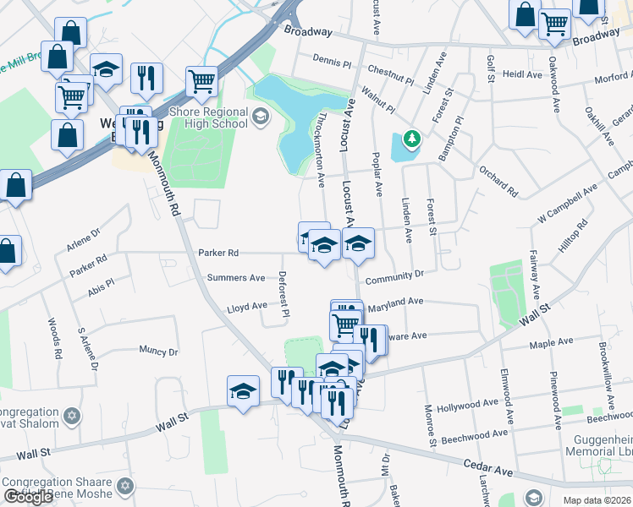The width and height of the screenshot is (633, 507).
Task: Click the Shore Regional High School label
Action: pos(208,117)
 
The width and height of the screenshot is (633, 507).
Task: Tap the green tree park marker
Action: pos(412,138)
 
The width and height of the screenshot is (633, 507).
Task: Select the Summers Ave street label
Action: pos(236,278)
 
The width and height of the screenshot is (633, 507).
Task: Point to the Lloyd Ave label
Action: pos(247,307)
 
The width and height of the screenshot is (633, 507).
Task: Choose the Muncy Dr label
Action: pos(159,351)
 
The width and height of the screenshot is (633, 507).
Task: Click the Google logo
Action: pos(27,497)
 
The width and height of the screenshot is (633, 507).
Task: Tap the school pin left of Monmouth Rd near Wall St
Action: pos(243,391)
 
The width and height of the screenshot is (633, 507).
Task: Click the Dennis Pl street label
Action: pos(331,61)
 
